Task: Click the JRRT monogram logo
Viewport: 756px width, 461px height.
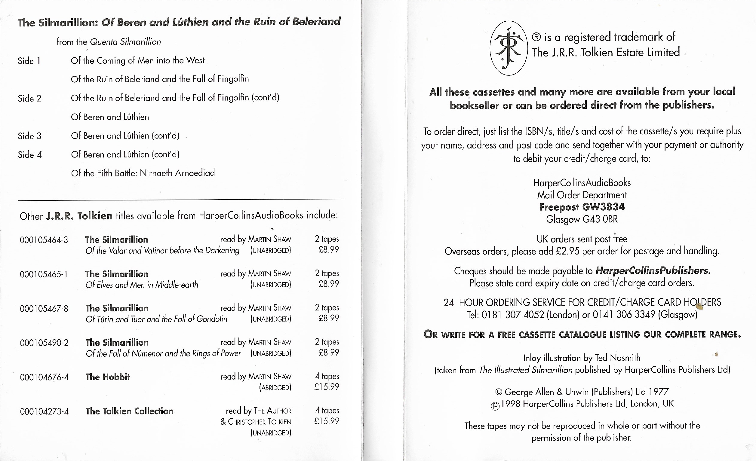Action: [x=509, y=48]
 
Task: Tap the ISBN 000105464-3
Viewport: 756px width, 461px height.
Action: [x=44, y=240]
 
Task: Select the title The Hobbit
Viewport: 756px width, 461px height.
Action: [x=108, y=377]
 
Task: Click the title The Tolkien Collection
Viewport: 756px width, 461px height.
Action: [x=130, y=411]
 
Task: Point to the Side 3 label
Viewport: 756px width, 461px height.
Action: [x=29, y=136]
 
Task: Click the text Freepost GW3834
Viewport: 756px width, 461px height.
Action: [x=582, y=207]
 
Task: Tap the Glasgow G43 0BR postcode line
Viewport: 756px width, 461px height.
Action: [x=582, y=219]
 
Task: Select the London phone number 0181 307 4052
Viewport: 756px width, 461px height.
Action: [x=513, y=315]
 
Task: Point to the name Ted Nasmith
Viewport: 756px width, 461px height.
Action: [x=618, y=358]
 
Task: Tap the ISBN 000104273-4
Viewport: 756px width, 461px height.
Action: [x=44, y=411]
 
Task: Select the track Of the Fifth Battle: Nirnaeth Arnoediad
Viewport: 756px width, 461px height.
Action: [x=143, y=173]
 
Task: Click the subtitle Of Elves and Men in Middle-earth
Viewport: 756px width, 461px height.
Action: [x=142, y=285]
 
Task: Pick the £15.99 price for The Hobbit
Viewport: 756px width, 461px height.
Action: [x=327, y=387]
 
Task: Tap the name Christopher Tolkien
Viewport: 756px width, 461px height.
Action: [x=260, y=422]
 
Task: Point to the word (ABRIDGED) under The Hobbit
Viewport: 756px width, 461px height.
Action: [x=275, y=388]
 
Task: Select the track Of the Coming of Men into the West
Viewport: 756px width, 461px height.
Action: [x=137, y=61]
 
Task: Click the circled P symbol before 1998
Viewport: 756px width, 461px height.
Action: [x=495, y=406]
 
